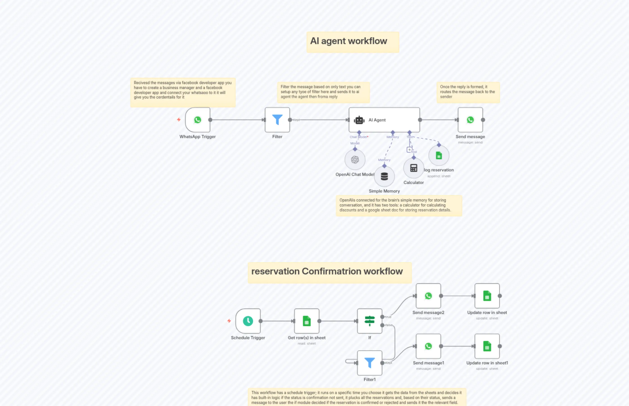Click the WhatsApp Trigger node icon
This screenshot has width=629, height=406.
click(x=197, y=120)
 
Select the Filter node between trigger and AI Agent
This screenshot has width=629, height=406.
click(x=277, y=120)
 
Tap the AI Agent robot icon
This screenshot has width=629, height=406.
click(x=359, y=120)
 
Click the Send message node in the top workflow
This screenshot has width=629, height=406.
click(x=470, y=120)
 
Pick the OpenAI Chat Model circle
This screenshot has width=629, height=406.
click(x=355, y=159)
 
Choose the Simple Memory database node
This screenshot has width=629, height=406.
click(x=384, y=176)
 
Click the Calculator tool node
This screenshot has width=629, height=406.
click(x=413, y=168)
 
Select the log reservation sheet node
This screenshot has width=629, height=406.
click(x=439, y=156)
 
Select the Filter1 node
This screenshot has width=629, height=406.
click(x=369, y=363)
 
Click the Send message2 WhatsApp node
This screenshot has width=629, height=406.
click(x=428, y=296)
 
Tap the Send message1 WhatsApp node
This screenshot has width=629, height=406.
click(x=428, y=346)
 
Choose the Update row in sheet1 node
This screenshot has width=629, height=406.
click(x=487, y=346)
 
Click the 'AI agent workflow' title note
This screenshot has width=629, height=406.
click(x=348, y=41)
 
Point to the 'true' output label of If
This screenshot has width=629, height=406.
click(x=388, y=317)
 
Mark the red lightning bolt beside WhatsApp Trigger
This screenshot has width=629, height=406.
click(x=179, y=119)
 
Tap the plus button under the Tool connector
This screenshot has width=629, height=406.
click(x=409, y=150)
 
